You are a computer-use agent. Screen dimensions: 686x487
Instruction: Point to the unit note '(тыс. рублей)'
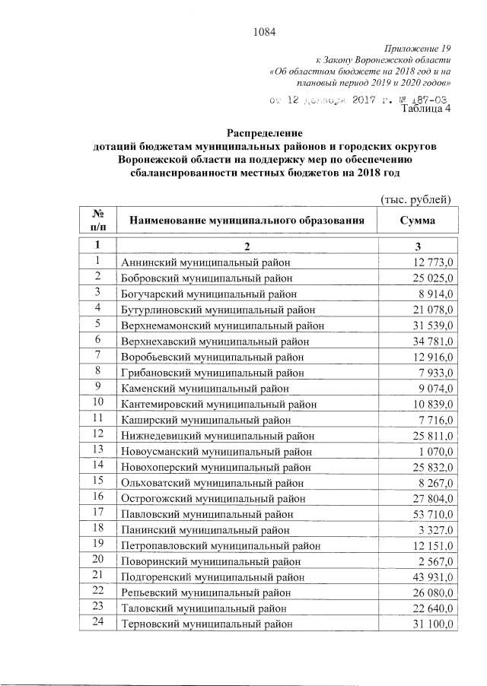(x=416, y=199)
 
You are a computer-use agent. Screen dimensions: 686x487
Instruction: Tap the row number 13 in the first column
(x=97, y=450)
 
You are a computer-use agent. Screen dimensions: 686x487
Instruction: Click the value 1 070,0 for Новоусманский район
(x=434, y=451)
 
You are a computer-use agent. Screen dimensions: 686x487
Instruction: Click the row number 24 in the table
(x=97, y=624)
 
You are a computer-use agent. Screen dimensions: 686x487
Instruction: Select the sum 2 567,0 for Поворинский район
(x=434, y=561)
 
